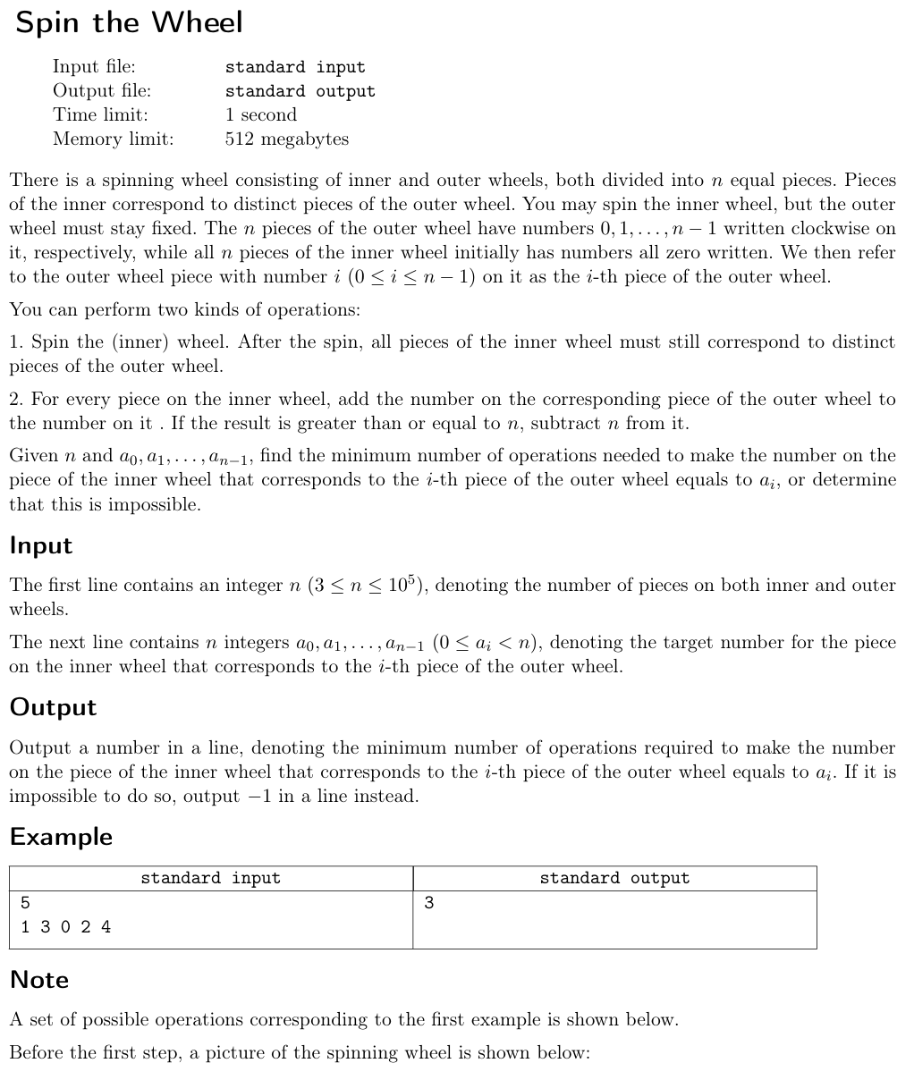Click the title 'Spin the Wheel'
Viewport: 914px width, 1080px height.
[x=129, y=23]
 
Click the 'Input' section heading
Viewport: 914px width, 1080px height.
[x=41, y=545]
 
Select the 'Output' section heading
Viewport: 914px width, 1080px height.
[x=53, y=707]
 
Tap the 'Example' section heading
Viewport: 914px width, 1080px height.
[x=61, y=837]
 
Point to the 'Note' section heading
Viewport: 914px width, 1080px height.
[x=39, y=980]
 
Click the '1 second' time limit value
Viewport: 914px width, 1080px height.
[x=260, y=114]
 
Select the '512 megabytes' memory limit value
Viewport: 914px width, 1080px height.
[x=286, y=139]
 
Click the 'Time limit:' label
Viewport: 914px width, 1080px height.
[x=100, y=114]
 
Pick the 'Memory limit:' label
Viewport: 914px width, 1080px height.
[x=113, y=139]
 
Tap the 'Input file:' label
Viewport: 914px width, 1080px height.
[x=94, y=66]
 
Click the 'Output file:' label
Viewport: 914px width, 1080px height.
[x=101, y=90]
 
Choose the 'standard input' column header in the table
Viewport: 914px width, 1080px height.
[x=210, y=878]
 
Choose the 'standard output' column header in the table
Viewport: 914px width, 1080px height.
[x=614, y=878]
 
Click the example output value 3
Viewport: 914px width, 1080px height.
[x=428, y=902]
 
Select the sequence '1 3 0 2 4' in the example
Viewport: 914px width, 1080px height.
[x=65, y=926]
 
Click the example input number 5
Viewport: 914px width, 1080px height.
[x=25, y=902]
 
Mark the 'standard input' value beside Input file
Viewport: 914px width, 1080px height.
[x=295, y=67]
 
